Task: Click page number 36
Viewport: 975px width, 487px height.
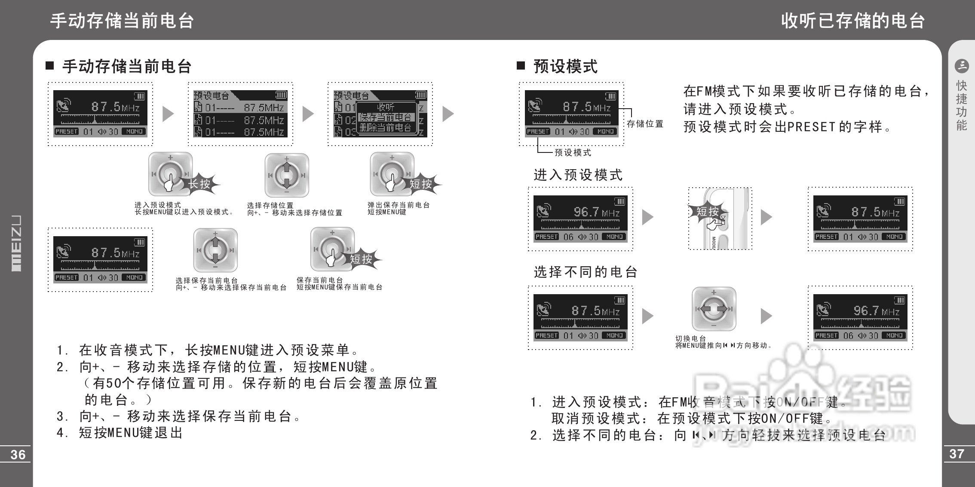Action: tap(18, 454)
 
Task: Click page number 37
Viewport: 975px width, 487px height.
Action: tap(957, 454)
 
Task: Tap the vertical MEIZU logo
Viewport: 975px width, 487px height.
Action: tap(16, 243)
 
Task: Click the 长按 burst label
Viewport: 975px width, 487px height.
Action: tap(199, 184)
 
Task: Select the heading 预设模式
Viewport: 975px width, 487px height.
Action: tap(565, 67)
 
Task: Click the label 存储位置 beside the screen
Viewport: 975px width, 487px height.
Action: tap(645, 124)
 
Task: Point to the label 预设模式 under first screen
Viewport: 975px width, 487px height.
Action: tap(573, 152)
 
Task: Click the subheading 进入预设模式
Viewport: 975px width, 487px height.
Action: tap(578, 175)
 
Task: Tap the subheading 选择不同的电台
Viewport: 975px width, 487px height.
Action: tap(585, 272)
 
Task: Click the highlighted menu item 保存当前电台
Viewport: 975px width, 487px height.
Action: tap(386, 117)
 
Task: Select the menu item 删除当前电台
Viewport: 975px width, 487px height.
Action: tap(386, 128)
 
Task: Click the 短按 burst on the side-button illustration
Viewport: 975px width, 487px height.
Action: tap(707, 211)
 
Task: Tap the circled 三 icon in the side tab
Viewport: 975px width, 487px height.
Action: tap(961, 66)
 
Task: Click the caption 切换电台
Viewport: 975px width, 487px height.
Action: tap(690, 338)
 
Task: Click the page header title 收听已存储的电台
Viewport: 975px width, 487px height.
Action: tap(853, 21)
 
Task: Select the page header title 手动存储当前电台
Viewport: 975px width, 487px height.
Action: tap(122, 21)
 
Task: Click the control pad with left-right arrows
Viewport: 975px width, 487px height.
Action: tap(714, 309)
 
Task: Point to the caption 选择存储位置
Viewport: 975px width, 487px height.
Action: tap(270, 205)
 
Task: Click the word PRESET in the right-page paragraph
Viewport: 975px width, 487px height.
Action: tap(811, 127)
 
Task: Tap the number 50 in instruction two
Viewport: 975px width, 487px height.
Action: tap(114, 383)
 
